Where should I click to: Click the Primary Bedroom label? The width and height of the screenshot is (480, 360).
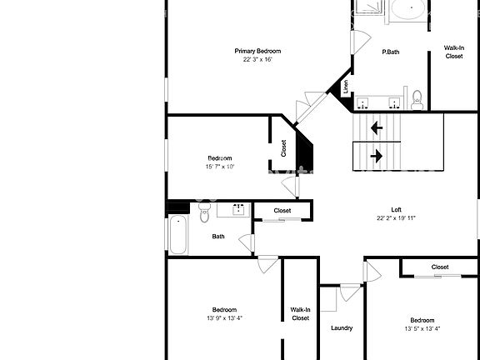[257, 51]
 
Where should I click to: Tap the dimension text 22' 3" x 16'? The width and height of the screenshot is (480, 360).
[257, 60]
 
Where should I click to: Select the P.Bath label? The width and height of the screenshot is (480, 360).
[390, 52]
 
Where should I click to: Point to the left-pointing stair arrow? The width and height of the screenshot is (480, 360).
[377, 127]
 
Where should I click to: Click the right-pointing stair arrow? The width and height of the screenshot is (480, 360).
[377, 155]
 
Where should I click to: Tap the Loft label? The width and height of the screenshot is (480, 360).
[397, 209]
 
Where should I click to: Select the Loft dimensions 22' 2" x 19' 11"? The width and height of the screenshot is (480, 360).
[397, 218]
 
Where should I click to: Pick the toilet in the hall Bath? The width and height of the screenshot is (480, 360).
[204, 216]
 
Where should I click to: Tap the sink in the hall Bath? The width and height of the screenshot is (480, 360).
[237, 209]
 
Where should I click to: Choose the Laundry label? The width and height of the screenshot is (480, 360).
[342, 328]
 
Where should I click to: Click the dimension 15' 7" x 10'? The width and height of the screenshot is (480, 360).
[220, 167]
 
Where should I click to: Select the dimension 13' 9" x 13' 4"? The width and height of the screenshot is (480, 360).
[224, 317]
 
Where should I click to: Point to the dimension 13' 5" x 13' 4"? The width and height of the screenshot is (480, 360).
[422, 328]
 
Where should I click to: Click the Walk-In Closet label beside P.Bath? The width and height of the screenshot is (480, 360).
[454, 52]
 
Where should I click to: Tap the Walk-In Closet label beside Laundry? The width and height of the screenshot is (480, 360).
[301, 313]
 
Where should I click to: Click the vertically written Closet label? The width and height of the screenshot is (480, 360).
[283, 147]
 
